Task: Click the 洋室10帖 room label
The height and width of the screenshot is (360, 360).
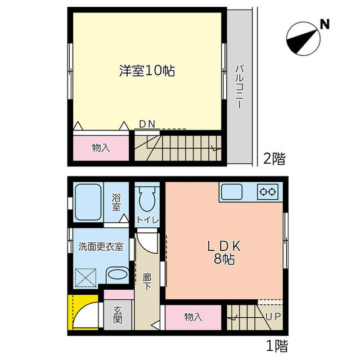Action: [x=146, y=71]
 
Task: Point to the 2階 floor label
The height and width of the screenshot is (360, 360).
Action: [x=274, y=159]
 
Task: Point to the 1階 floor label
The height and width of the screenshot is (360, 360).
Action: [x=275, y=345]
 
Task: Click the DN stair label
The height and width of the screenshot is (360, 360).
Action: [x=147, y=124]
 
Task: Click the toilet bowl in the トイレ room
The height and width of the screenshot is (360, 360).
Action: [x=148, y=199]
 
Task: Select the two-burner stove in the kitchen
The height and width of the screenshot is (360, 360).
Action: [x=267, y=192]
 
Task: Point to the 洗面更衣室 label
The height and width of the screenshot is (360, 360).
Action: [x=101, y=246]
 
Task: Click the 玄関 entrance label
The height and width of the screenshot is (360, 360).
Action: [x=118, y=315]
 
